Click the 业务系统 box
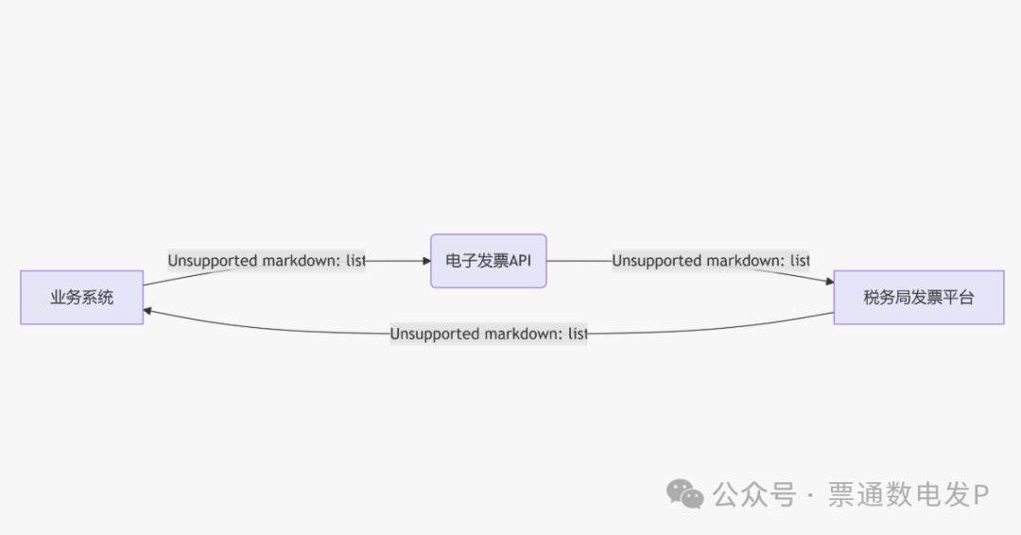coord(81,297)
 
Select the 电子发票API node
coord(488,261)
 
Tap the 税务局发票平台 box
coord(918,297)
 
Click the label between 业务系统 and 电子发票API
coord(266,261)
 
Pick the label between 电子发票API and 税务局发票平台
coord(710,261)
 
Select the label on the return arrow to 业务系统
coord(488,334)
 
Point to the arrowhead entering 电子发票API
coord(425,261)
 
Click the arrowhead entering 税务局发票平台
coord(829,282)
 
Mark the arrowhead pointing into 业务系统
coord(148,310)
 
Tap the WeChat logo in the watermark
coord(685,493)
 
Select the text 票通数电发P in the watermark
coord(908,494)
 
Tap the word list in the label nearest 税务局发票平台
coord(799,261)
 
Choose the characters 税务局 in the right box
coord(883,297)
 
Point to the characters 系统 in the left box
coord(97,297)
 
